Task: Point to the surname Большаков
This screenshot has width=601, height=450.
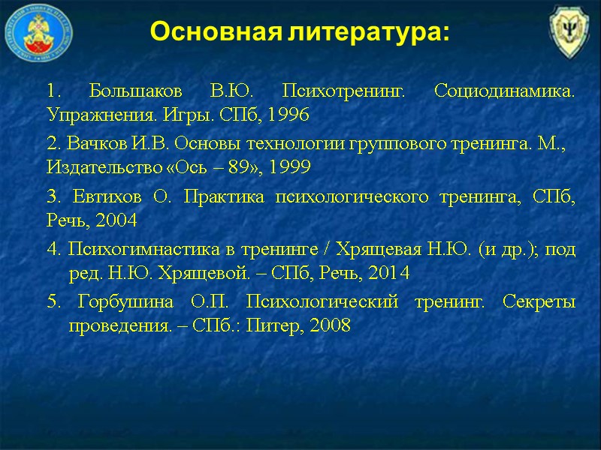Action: click(135, 92)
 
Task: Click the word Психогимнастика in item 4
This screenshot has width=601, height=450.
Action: click(128, 248)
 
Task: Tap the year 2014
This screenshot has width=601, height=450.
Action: click(388, 273)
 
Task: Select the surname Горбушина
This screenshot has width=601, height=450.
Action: click(128, 302)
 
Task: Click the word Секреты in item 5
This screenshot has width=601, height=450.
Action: click(540, 302)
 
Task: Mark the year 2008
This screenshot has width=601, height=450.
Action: click(329, 327)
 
